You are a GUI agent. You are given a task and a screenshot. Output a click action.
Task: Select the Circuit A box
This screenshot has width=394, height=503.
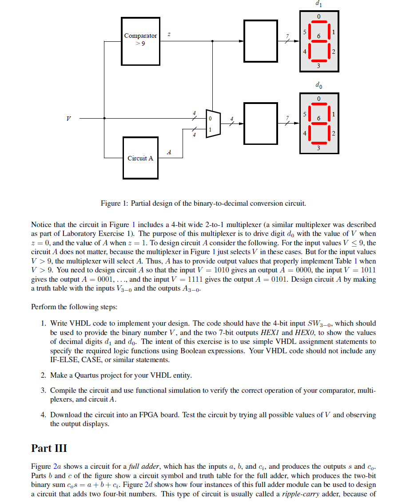click(140, 158)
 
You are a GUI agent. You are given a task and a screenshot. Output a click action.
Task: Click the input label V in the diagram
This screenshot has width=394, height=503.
click(68, 119)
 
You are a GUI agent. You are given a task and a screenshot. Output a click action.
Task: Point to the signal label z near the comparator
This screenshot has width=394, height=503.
click(169, 34)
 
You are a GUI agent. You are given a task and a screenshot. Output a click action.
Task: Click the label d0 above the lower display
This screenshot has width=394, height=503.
click(318, 84)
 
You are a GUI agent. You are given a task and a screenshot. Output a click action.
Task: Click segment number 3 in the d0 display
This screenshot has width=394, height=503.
click(318, 147)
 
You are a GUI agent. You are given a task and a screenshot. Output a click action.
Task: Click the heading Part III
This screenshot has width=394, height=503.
click(49, 448)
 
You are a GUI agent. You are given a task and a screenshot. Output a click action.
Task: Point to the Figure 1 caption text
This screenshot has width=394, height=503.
click(203, 204)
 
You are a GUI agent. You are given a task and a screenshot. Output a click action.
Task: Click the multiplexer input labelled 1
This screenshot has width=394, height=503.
click(211, 129)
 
